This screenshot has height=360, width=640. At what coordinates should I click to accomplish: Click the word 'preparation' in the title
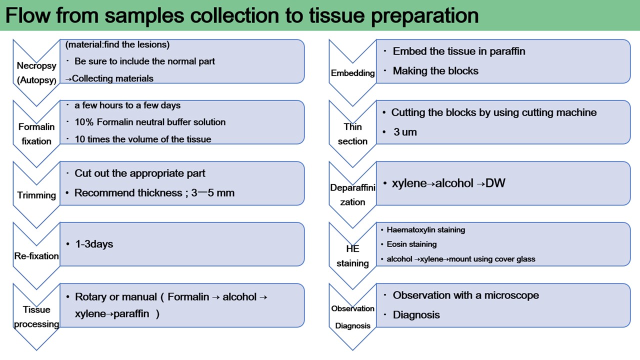tap(424, 15)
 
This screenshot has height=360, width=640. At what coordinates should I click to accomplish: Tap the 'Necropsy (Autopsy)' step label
tap(36, 72)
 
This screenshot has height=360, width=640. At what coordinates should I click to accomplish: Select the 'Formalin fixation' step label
tap(36, 134)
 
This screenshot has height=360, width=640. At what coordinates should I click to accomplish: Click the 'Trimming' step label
tap(36, 195)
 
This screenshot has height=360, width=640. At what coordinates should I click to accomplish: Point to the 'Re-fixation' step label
tap(36, 256)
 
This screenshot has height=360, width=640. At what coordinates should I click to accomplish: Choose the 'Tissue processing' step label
tap(36, 316)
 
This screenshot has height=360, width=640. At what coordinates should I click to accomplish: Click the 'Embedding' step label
tap(352, 73)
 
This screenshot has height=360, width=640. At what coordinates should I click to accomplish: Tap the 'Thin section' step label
tap(352, 134)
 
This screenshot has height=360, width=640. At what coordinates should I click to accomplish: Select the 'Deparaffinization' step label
tap(352, 195)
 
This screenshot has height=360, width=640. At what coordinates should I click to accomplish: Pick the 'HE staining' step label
tap(352, 256)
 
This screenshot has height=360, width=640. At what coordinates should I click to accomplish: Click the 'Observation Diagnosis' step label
tap(352, 317)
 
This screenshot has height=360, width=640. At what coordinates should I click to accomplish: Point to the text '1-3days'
tap(94, 244)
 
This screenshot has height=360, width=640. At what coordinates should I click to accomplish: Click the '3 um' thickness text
tap(405, 132)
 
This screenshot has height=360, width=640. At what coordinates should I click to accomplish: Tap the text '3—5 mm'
tap(212, 193)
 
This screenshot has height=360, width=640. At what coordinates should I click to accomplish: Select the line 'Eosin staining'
tap(411, 244)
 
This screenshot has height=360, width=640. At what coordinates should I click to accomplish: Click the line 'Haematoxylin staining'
tap(425, 230)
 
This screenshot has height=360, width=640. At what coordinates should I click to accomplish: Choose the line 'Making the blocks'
tap(435, 71)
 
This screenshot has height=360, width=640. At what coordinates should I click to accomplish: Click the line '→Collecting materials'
tap(109, 78)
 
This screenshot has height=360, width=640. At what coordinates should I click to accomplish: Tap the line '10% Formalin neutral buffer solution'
tap(150, 122)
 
